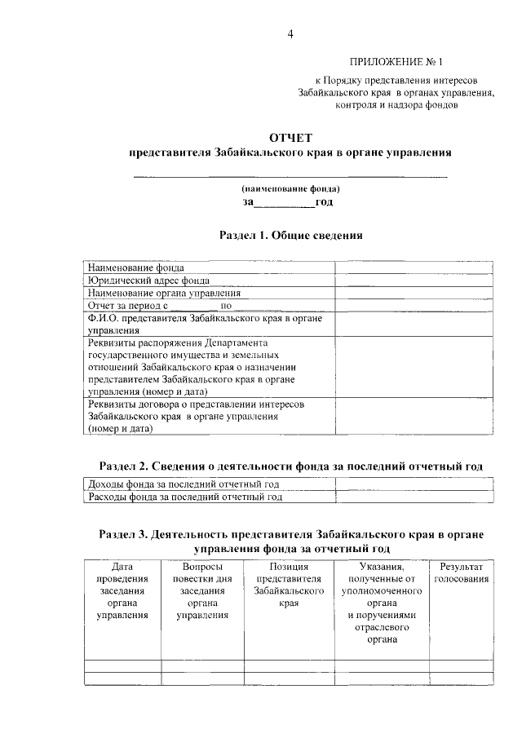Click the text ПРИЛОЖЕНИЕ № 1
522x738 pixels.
(x=396, y=62)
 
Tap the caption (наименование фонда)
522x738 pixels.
(x=290, y=188)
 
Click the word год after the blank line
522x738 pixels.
(x=324, y=201)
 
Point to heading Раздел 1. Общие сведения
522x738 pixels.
(x=290, y=235)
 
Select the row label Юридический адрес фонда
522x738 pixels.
(x=143, y=280)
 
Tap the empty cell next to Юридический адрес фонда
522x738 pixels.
(x=413, y=280)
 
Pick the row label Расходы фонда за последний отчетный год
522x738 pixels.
(x=185, y=497)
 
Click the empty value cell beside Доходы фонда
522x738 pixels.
(x=413, y=484)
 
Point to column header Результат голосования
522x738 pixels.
(x=461, y=572)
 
